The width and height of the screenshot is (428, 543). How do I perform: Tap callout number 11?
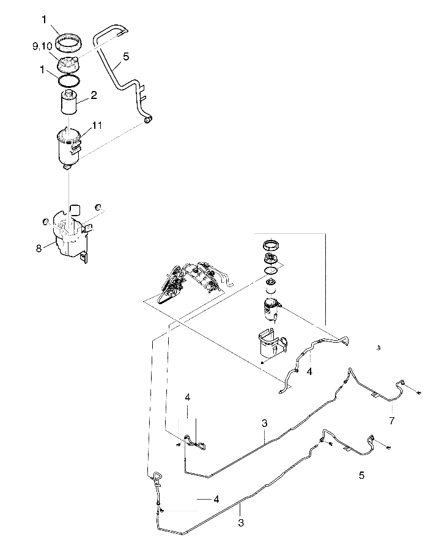[97, 125]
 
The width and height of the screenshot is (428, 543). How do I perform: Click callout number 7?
[392, 421]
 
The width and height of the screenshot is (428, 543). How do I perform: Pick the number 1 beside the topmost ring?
[44, 20]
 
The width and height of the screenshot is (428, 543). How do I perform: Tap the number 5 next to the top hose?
[126, 56]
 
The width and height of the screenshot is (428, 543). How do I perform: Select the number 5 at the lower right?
[361, 475]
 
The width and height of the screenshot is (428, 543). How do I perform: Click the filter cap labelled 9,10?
[69, 63]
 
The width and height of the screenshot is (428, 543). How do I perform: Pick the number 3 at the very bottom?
[240, 523]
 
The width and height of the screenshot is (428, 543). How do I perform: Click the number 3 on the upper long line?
[264, 422]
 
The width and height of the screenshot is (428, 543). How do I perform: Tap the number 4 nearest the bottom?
[216, 499]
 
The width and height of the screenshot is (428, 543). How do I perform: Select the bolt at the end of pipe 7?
[419, 393]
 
